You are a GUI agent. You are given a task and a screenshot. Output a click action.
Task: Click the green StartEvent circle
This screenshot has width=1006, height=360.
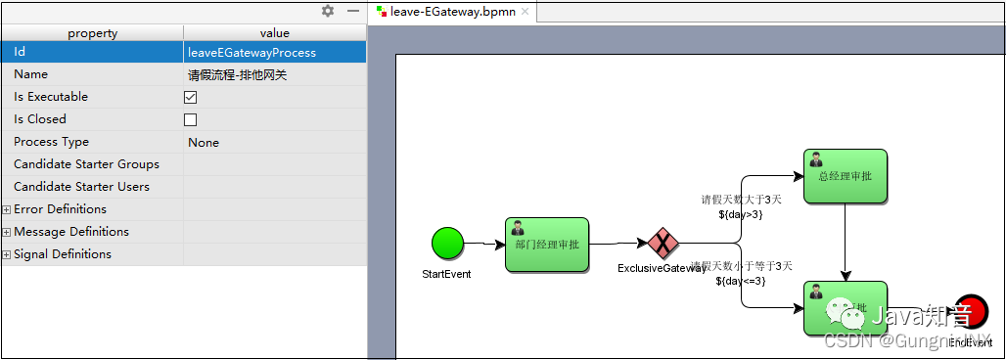coord(447,243)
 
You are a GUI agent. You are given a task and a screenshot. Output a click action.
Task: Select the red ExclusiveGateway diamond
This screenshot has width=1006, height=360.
coord(663,243)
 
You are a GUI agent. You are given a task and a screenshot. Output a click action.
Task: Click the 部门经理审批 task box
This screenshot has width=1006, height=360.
coord(546,245)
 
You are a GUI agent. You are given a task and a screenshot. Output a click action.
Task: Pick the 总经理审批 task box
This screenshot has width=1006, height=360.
coord(846,176)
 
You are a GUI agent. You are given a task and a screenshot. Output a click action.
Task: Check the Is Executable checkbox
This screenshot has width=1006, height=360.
coord(191,97)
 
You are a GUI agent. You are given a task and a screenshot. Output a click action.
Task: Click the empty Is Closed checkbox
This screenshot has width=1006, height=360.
coord(191,119)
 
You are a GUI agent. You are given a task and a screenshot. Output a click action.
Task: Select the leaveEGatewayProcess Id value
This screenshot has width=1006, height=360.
coord(251,52)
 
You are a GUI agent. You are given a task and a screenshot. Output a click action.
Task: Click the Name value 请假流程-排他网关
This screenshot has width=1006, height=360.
coord(238,74)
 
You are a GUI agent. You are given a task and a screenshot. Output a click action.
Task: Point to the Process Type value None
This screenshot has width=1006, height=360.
coord(204,142)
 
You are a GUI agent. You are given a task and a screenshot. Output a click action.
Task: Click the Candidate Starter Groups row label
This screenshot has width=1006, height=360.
coord(86,164)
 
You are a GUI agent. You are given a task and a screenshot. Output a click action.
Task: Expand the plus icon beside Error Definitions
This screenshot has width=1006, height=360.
coord(7,209)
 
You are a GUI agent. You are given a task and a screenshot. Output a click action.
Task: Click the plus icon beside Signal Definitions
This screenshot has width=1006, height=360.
coord(7,254)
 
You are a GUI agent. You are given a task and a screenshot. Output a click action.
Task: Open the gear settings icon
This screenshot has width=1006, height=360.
coord(328,11)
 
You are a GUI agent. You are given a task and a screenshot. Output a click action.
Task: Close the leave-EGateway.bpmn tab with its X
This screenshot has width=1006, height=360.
coord(525,12)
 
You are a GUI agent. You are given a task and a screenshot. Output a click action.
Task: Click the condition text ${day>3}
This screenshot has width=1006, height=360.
coord(740,214)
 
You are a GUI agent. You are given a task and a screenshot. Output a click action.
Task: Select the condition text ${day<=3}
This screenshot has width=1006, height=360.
coord(740,281)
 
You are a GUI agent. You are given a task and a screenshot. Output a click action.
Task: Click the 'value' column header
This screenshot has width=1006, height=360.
coord(274,33)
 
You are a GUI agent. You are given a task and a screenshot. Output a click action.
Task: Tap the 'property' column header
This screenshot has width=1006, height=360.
coord(92,33)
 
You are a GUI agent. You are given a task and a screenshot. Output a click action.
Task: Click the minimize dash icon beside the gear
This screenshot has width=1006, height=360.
coord(352,11)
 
